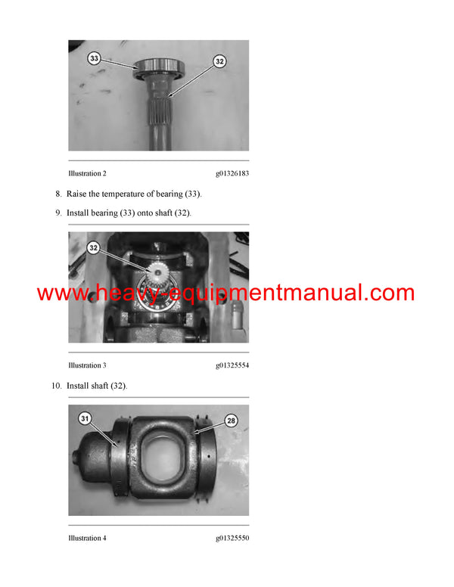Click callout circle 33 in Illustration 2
pyautogui.click(x=94, y=57)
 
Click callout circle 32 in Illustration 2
pyautogui.click(x=219, y=61)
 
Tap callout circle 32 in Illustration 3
pyautogui.click(x=94, y=247)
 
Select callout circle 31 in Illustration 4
pyautogui.click(x=84, y=418)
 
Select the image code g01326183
pyautogui.click(x=232, y=173)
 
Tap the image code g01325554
pyautogui.click(x=232, y=365)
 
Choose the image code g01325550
pyautogui.click(x=232, y=538)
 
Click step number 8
pyautogui.click(x=58, y=194)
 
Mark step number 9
pyautogui.click(x=58, y=213)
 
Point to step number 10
pyautogui.click(x=55, y=386)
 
